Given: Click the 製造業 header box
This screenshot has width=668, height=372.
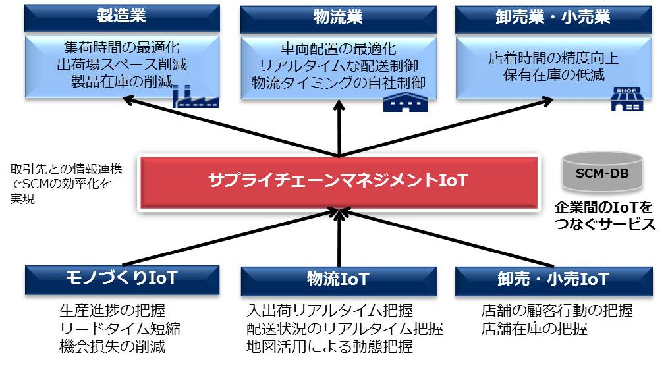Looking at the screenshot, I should (121, 17).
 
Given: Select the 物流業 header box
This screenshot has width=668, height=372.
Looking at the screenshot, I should (337, 18).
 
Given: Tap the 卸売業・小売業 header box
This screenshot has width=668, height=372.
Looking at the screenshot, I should (553, 18).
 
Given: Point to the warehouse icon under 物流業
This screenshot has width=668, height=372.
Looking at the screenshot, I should (406, 100).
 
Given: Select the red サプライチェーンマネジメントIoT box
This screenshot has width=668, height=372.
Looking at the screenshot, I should (338, 181).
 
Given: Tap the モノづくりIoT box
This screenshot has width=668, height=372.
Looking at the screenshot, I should (121, 279).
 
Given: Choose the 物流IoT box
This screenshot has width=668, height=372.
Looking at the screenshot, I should (337, 280).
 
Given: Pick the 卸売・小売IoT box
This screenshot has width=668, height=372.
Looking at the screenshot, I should (553, 280).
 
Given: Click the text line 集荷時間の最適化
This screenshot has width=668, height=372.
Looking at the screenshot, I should (122, 48).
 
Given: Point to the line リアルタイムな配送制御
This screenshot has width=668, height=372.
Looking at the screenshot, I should (338, 66).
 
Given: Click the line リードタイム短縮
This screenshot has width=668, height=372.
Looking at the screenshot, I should (119, 328).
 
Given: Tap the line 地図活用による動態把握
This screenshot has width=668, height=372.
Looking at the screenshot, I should (329, 346).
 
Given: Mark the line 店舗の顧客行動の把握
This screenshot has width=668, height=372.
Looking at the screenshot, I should (557, 310).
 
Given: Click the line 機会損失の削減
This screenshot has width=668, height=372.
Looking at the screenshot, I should (112, 346).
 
